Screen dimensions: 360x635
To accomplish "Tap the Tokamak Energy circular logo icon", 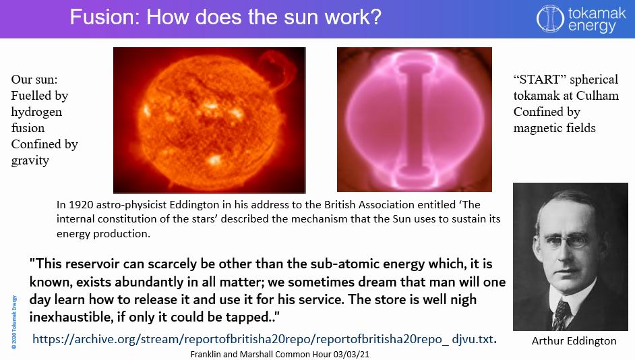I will click(x=549, y=18).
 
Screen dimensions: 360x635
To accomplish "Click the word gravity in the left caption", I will click(x=30, y=160).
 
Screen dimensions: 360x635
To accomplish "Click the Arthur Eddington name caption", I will click(x=574, y=340).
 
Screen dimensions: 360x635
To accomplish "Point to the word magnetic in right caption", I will click(x=538, y=127).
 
